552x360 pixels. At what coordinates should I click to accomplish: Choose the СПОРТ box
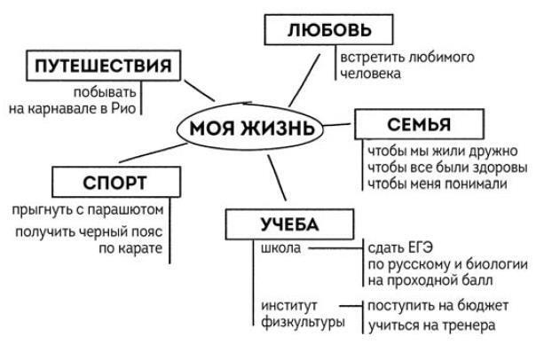114,183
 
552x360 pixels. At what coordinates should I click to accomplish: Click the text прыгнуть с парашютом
89,210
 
